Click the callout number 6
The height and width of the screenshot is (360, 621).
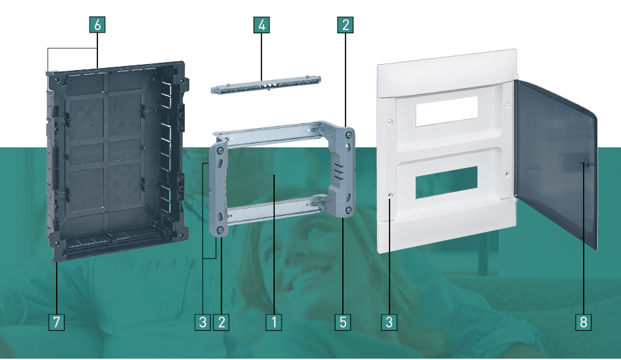[97, 25]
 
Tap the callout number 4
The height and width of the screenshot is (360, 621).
[261, 25]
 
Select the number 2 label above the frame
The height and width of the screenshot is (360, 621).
[346, 25]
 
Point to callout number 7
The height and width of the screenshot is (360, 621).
[56, 322]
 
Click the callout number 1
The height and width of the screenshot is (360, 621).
[273, 322]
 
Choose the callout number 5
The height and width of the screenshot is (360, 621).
[343, 322]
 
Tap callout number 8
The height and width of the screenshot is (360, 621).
[584, 322]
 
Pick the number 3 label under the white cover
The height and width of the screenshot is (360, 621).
[390, 322]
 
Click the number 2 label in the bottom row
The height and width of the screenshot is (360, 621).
[221, 322]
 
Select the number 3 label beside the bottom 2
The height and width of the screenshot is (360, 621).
[203, 322]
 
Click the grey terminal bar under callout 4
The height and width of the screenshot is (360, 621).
[265, 85]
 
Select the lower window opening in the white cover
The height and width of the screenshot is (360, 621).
[447, 183]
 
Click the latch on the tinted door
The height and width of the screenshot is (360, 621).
[586, 163]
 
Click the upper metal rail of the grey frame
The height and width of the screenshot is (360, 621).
[270, 133]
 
